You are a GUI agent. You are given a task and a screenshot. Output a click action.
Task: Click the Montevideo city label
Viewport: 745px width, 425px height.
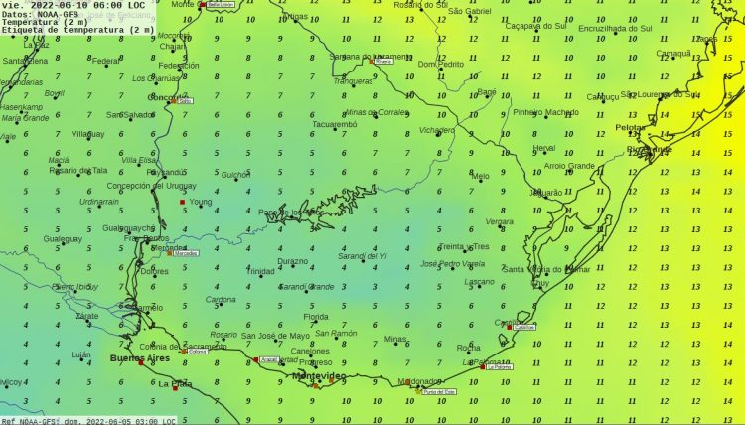tap(319, 376)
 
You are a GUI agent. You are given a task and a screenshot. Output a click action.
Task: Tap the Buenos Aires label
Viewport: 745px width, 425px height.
tap(139, 357)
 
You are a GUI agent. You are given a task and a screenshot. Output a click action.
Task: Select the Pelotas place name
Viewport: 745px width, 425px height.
tap(630, 129)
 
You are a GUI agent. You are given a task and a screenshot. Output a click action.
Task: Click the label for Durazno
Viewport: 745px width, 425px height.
tap(292, 261)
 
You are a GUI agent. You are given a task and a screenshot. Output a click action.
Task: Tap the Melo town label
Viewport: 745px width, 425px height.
tap(481, 177)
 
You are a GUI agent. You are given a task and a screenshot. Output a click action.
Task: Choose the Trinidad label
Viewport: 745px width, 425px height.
tap(260, 270)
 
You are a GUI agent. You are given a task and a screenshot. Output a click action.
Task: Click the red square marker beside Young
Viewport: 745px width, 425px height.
tap(182, 203)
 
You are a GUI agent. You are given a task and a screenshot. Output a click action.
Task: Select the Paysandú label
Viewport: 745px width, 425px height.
tap(165, 171)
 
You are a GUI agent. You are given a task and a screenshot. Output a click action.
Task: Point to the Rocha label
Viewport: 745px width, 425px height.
tap(468, 348)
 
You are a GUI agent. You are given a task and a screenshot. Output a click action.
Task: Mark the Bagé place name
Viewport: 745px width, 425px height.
tap(487, 91)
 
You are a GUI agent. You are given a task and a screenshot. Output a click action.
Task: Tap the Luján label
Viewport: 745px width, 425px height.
tap(80, 354)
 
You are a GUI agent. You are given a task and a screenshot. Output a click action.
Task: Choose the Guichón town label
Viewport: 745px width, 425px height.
tap(235, 175)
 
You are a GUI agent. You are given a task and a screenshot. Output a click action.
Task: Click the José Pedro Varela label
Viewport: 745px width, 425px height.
tap(452, 264)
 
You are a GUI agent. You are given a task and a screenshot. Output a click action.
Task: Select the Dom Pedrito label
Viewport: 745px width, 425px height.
tap(440, 64)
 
